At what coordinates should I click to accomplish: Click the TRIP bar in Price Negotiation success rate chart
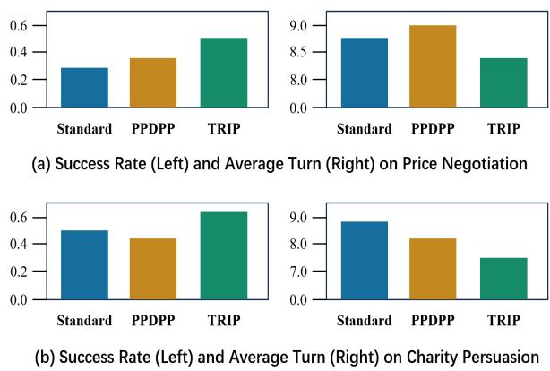[x=224, y=73]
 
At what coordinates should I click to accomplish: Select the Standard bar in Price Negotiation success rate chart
[x=85, y=88]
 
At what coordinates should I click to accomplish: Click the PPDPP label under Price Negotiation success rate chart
[x=154, y=128]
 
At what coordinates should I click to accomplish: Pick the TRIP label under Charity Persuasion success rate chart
[x=224, y=320]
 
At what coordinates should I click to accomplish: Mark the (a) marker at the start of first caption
[x=41, y=164]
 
